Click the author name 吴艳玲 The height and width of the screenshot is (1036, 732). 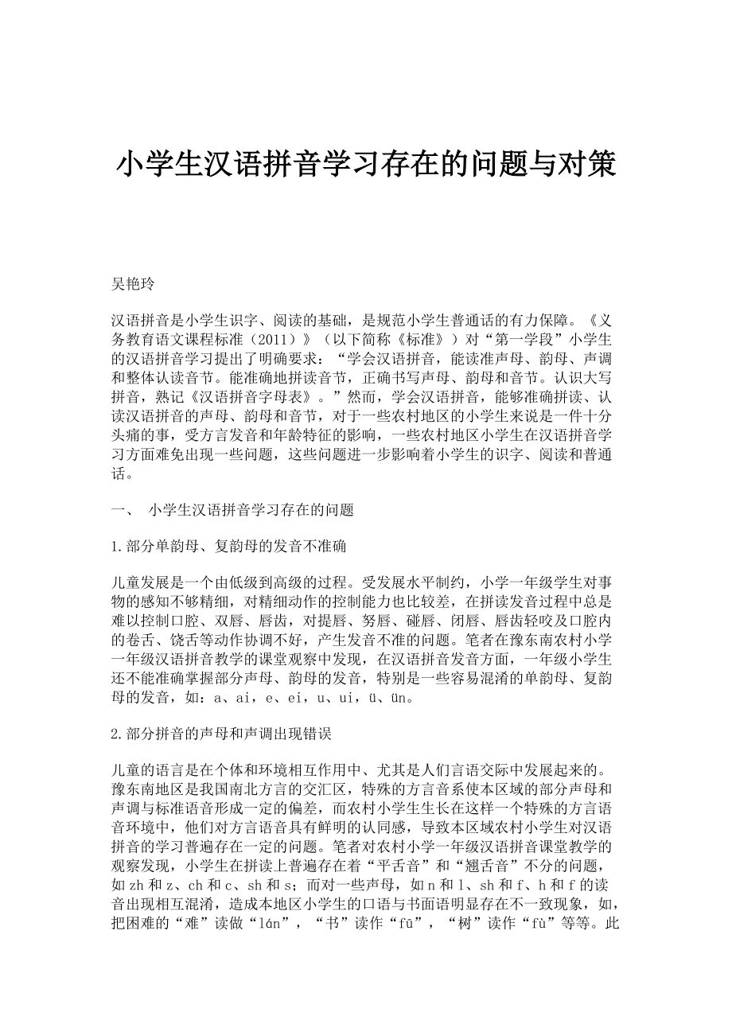[x=133, y=284]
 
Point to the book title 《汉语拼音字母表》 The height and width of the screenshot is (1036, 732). [x=242, y=396]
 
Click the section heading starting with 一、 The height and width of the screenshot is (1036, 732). [x=232, y=510]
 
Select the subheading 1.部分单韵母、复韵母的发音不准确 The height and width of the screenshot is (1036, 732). [x=229, y=547]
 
